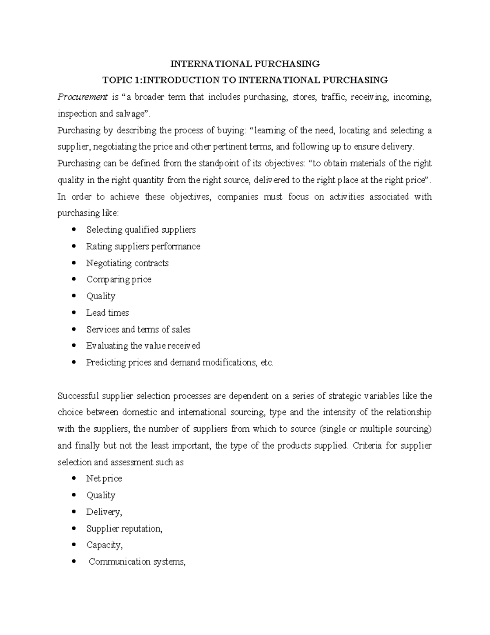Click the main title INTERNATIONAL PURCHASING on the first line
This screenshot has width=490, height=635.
[245, 64]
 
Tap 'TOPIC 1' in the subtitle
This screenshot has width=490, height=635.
[118, 80]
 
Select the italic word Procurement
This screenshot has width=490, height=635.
[82, 97]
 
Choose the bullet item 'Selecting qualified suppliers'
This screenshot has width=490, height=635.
[141, 230]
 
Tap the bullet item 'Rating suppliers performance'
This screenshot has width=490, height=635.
[143, 247]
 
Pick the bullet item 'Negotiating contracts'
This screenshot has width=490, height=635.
[127, 263]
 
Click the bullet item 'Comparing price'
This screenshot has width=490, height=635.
[119, 280]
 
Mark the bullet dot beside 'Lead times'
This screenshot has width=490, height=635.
[73, 313]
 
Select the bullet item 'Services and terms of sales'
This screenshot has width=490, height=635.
[138, 330]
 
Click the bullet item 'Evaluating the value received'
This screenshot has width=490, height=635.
[143, 346]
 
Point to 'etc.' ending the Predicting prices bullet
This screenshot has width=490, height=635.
[267, 363]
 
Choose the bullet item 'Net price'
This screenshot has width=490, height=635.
[104, 478]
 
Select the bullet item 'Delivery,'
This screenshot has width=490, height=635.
[104, 512]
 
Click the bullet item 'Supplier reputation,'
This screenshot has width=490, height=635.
[124, 529]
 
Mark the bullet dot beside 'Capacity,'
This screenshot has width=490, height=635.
[73, 545]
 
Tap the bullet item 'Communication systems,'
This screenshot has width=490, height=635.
[137, 562]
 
